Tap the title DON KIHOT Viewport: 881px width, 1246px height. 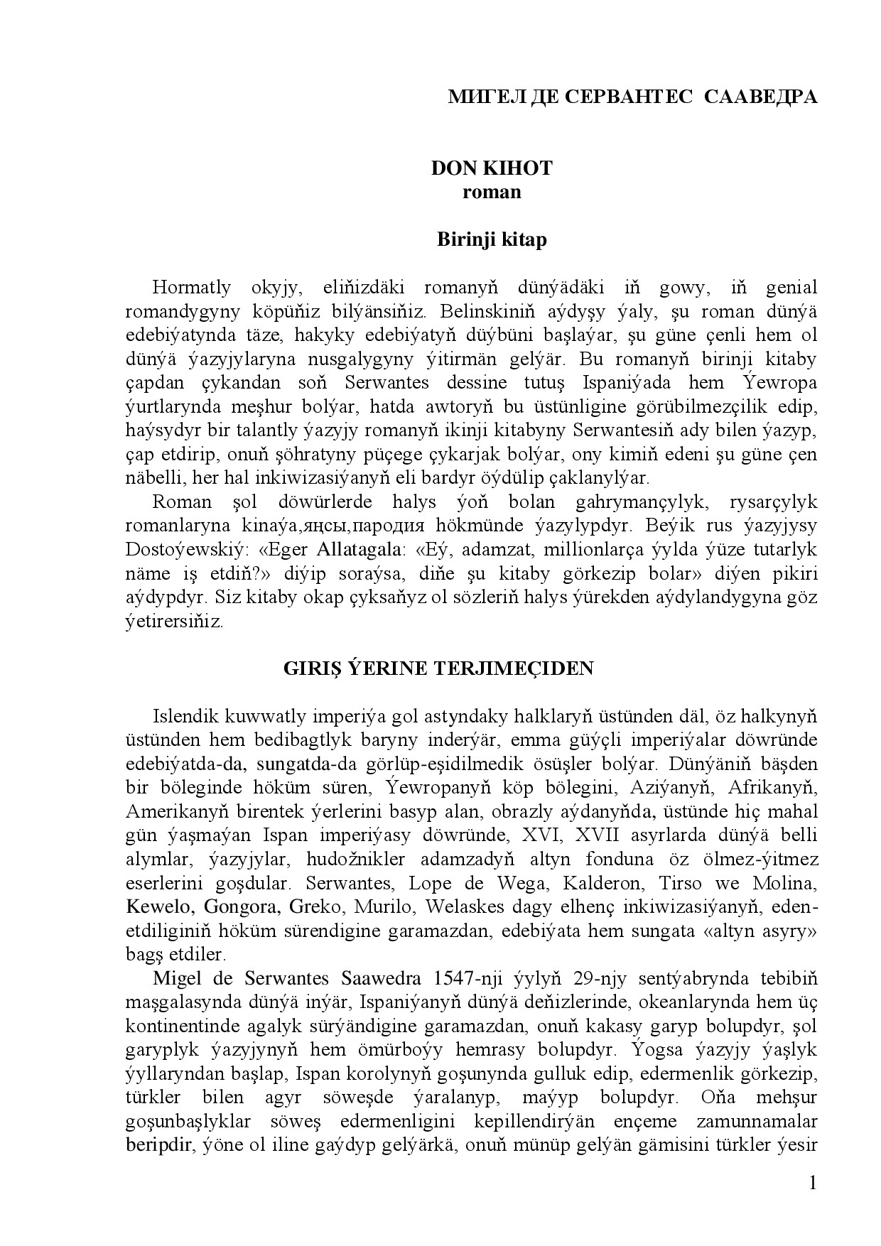coord(492,168)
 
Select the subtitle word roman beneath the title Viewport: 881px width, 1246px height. coord(492,192)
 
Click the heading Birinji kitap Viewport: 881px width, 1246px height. coord(492,239)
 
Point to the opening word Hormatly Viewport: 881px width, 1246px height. coord(191,288)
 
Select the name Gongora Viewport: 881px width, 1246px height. coord(235,908)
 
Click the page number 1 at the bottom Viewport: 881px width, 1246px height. coord(813,1183)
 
